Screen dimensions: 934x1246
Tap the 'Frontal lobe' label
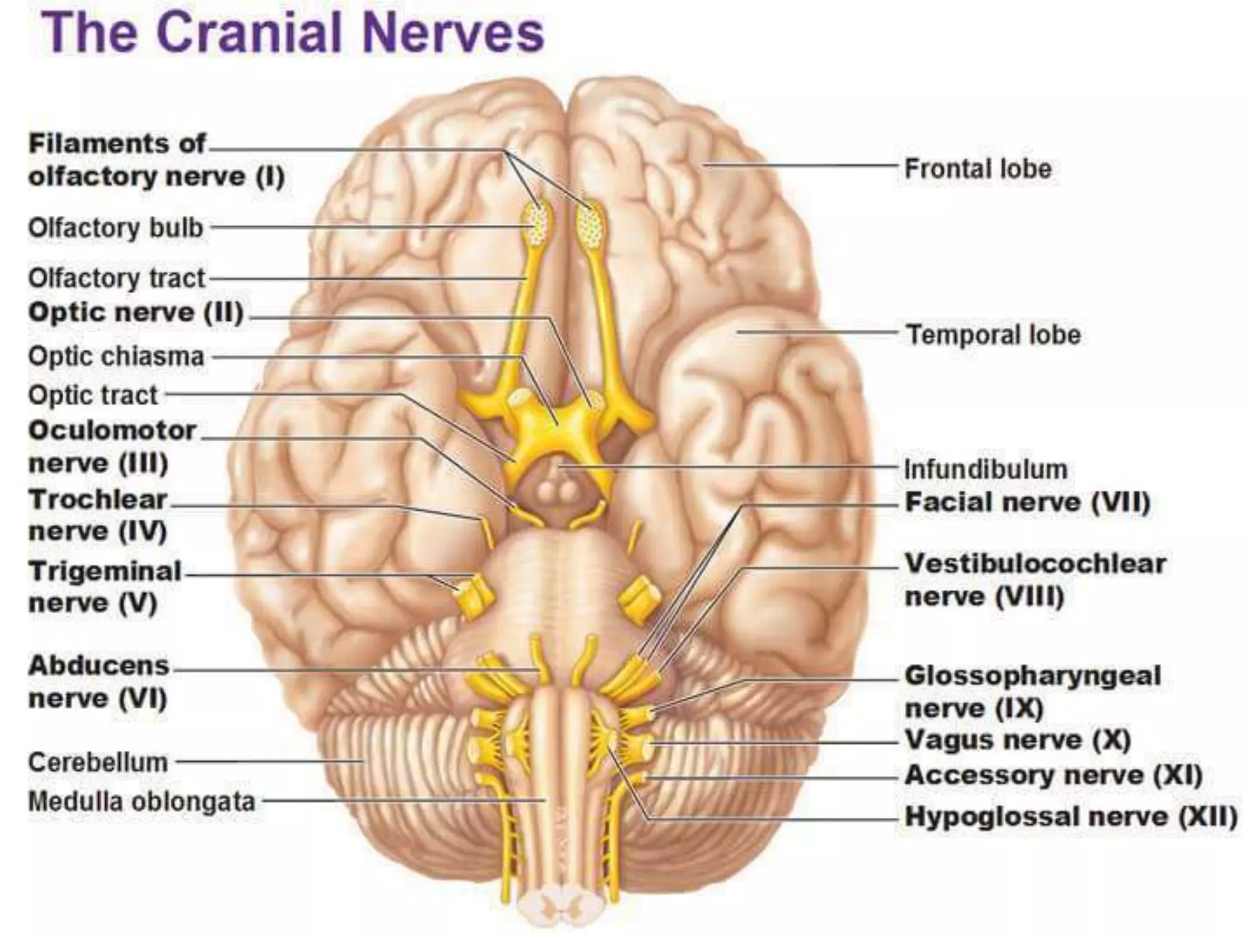(x=978, y=168)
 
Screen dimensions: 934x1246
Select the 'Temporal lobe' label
(x=994, y=334)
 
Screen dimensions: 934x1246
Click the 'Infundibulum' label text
(x=986, y=469)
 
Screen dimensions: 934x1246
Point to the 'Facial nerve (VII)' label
(x=1028, y=502)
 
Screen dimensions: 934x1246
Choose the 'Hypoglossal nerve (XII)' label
(x=1071, y=816)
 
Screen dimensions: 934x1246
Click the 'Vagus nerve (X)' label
(x=1017, y=740)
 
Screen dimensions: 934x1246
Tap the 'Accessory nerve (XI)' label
(x=1053, y=775)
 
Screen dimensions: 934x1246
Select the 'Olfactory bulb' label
(x=116, y=228)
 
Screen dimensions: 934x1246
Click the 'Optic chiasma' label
(x=116, y=356)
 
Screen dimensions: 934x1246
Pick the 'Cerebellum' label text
(x=98, y=762)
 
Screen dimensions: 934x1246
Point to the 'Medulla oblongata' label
(x=142, y=801)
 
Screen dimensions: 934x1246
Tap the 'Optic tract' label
(x=93, y=395)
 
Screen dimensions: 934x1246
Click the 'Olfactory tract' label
(x=117, y=278)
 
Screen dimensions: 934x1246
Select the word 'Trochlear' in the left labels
(x=98, y=500)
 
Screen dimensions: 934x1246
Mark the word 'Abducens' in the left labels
(x=99, y=666)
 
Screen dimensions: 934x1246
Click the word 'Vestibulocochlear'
(x=1035, y=564)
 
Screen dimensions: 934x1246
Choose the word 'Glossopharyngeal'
(x=1032, y=676)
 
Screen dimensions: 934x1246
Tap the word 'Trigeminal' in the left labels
(x=105, y=572)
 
